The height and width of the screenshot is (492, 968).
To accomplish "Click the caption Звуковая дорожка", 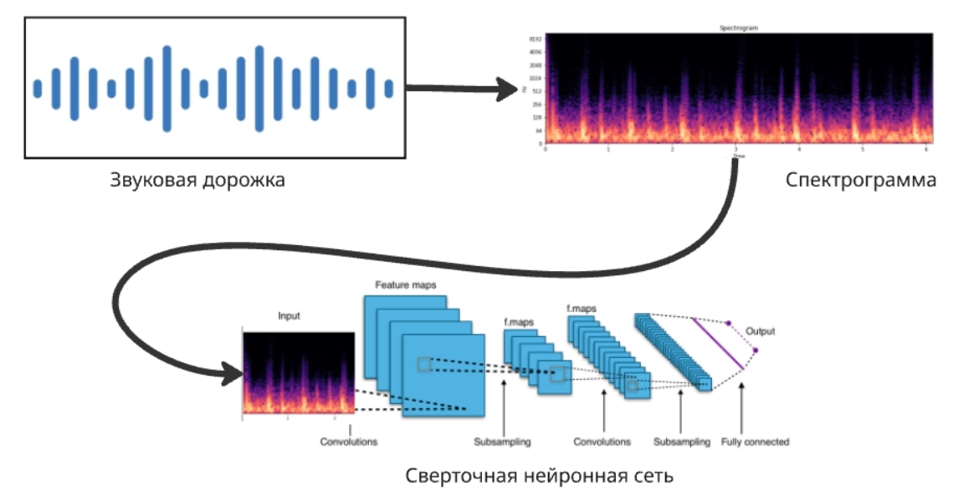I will [x=197, y=180].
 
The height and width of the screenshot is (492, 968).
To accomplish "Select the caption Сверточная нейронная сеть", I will [x=540, y=475].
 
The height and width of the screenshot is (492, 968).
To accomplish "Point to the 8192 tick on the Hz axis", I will [x=535, y=39].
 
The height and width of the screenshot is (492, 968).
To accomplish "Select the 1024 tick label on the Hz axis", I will [x=535, y=78].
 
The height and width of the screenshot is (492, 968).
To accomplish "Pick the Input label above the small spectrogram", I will [x=289, y=316].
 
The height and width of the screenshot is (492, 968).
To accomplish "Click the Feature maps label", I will [x=405, y=285].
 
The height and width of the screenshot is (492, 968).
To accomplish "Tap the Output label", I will [x=761, y=331].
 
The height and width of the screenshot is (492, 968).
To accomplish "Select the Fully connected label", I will [x=755, y=442].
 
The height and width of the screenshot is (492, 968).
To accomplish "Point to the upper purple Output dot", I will [x=728, y=322].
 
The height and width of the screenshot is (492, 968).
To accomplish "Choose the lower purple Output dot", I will [x=755, y=351].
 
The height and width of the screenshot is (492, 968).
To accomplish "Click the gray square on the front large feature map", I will [x=424, y=364].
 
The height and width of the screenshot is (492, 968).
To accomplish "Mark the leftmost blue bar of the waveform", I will [x=37, y=89].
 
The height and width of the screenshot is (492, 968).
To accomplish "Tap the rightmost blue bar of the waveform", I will [x=388, y=89].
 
